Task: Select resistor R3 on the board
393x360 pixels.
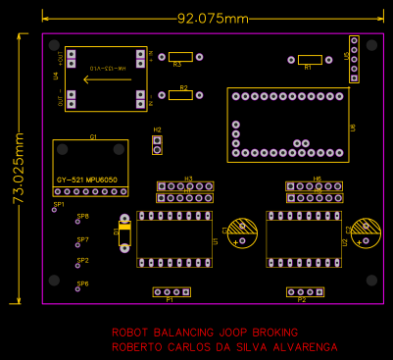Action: click(179, 57)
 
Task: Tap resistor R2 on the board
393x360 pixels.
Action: click(179, 95)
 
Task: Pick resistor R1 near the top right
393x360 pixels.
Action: click(309, 60)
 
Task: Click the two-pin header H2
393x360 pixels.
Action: click(157, 144)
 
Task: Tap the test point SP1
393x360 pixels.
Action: click(55, 209)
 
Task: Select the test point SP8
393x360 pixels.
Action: click(78, 222)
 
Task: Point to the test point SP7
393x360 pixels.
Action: click(78, 245)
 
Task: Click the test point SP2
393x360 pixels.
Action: click(78, 266)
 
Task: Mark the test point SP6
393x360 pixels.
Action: click(78, 288)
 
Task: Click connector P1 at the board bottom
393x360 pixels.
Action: click(171, 291)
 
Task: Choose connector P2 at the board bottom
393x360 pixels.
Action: click(304, 291)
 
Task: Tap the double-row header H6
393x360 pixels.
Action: click(316, 191)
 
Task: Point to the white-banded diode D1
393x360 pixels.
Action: click(123, 233)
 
